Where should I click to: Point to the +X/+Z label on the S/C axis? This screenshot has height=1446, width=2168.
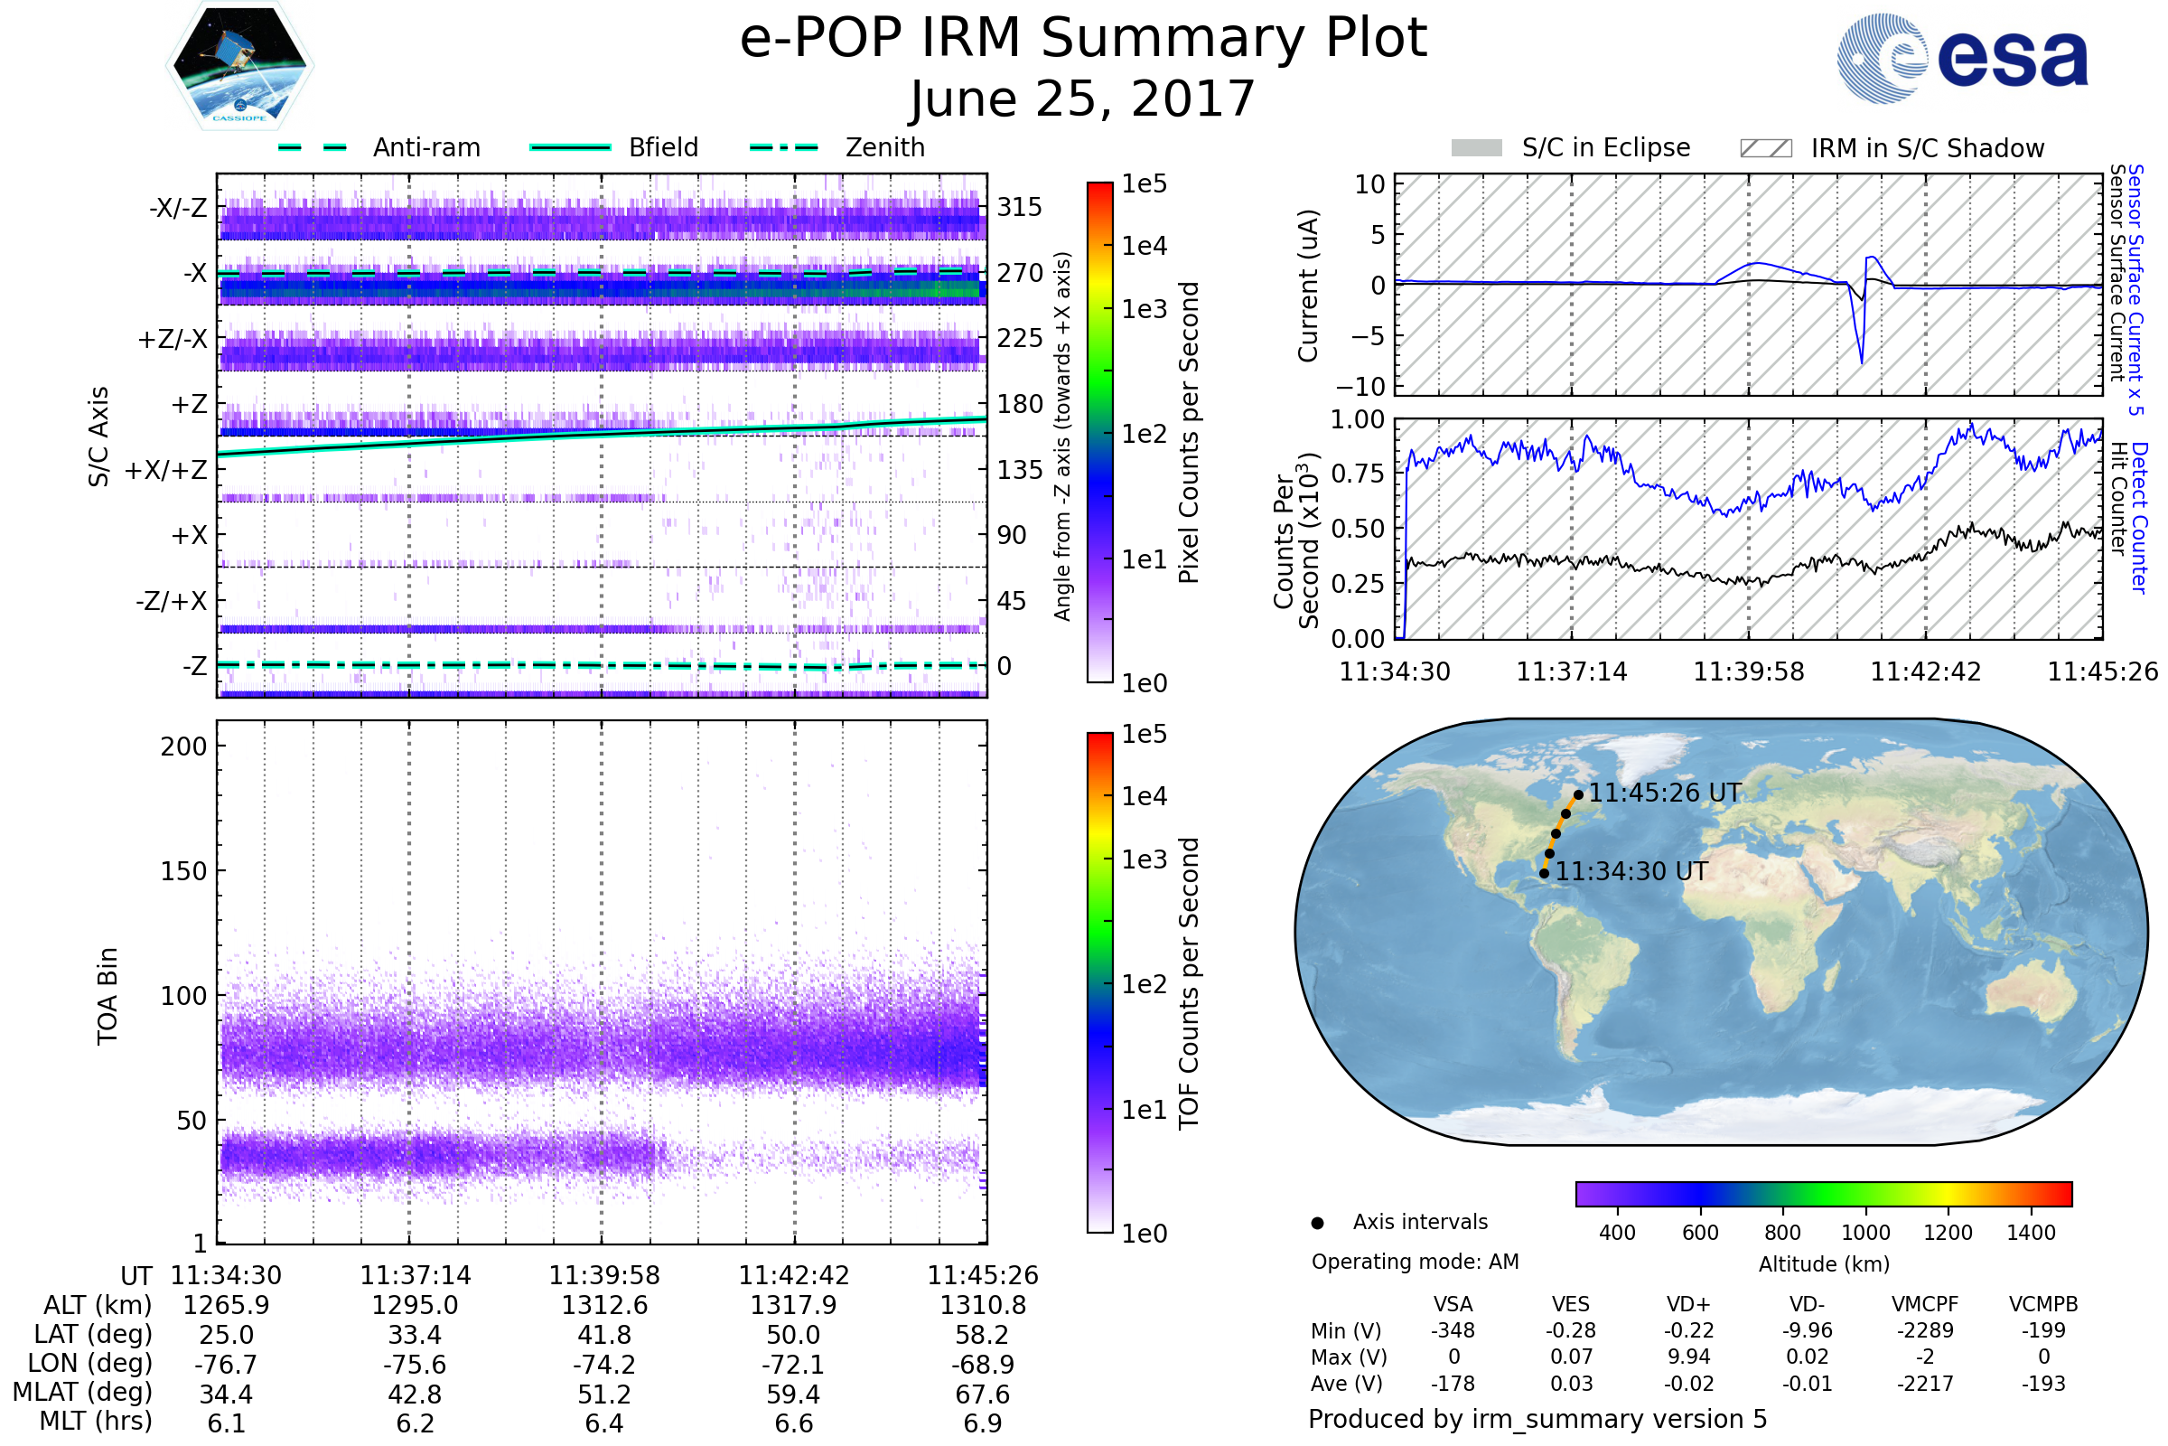coord(166,470)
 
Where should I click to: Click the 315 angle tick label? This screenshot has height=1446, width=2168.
coord(1020,207)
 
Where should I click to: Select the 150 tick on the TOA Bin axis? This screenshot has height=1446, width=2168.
coord(183,871)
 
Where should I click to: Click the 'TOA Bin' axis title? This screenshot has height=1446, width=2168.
coord(107,996)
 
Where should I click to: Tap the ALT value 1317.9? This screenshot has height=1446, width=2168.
coord(793,1306)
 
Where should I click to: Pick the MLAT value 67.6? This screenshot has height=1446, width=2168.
coord(983,1394)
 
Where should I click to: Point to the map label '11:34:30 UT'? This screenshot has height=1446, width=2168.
coord(1631,871)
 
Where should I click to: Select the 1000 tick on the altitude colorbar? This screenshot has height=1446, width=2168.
coord(1865,1233)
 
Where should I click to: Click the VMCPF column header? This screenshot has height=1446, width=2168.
coord(1925,1304)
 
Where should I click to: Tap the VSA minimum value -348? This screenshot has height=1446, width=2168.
coord(1453,1330)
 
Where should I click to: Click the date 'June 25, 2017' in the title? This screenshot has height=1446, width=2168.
coord(1082,99)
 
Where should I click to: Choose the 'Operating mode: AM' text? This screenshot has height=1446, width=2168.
coord(1415,1262)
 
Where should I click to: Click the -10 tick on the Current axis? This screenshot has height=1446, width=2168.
coord(1366,386)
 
